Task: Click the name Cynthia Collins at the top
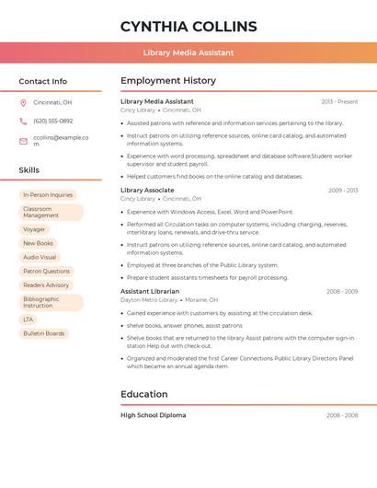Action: pyautogui.click(x=188, y=26)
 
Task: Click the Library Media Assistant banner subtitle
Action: pyautogui.click(x=188, y=52)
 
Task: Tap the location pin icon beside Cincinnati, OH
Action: pyautogui.click(x=23, y=102)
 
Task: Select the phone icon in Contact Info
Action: pyautogui.click(x=23, y=121)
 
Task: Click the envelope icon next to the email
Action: pyautogui.click(x=23, y=141)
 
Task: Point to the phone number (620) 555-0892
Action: pyautogui.click(x=52, y=121)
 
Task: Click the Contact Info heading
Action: pyautogui.click(x=42, y=81)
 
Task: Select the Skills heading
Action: pyautogui.click(x=29, y=170)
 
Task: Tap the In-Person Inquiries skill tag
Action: pyautogui.click(x=48, y=195)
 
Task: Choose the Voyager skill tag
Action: pyautogui.click(x=34, y=229)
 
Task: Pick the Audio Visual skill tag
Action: pyautogui.click(x=40, y=257)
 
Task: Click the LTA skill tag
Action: pyautogui.click(x=29, y=320)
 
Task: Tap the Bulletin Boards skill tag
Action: pyautogui.click(x=44, y=333)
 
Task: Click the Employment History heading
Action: pyautogui.click(x=168, y=81)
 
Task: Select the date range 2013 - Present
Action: pyautogui.click(x=339, y=101)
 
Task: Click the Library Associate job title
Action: pyautogui.click(x=147, y=190)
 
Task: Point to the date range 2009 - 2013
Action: pyautogui.click(x=343, y=190)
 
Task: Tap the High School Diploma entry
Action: pyautogui.click(x=153, y=415)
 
